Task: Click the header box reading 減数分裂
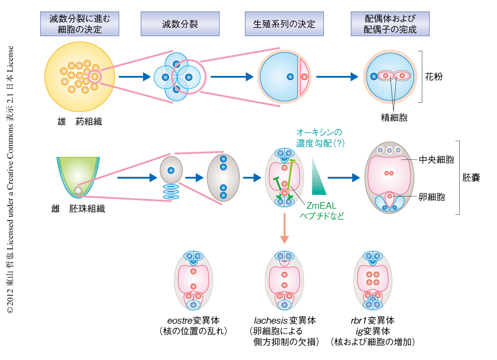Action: click(180, 24)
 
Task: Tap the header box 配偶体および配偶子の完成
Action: click(390, 24)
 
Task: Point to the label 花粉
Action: click(434, 77)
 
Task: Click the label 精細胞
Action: click(394, 117)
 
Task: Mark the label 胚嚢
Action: click(471, 178)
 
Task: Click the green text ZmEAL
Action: click(321, 206)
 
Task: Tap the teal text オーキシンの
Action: click(319, 132)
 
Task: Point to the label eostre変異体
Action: click(194, 320)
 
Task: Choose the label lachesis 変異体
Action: click(285, 320)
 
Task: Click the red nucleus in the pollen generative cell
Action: click(304, 77)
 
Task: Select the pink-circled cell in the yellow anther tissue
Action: click(95, 76)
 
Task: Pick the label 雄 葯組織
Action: click(79, 122)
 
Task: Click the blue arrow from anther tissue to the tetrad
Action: click(134, 77)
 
